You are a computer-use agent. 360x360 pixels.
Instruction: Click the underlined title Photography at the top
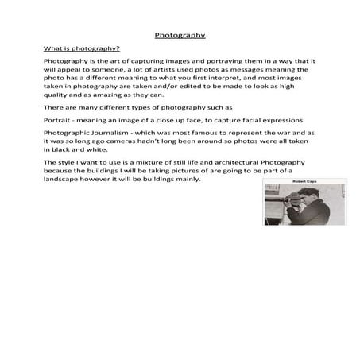pyautogui.click(x=180, y=35)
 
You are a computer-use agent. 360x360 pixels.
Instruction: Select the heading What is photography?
pyautogui.click(x=81, y=48)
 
